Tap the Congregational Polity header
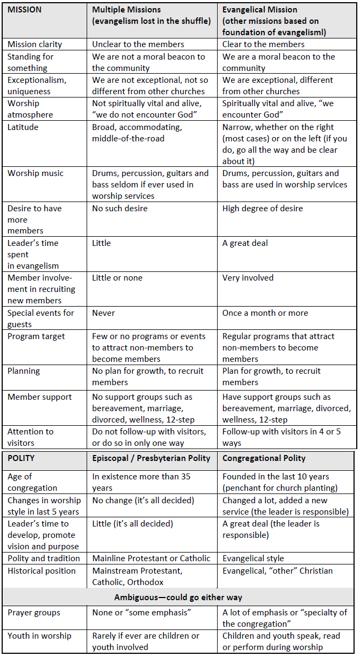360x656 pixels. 264,458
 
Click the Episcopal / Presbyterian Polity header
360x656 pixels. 151,458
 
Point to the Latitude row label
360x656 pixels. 23,127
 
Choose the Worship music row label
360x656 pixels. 35,173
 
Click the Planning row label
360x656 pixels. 24,371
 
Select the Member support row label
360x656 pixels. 40,397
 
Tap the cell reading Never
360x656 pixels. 103,313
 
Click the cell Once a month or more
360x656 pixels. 265,313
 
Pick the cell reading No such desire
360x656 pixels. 120,209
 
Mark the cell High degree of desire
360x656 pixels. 263,209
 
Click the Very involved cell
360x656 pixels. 248,278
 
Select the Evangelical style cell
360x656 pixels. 253,558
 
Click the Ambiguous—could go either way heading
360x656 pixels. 178,597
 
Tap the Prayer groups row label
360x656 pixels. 34,613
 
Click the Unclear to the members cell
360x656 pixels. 138,44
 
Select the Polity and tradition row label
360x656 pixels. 43,558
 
